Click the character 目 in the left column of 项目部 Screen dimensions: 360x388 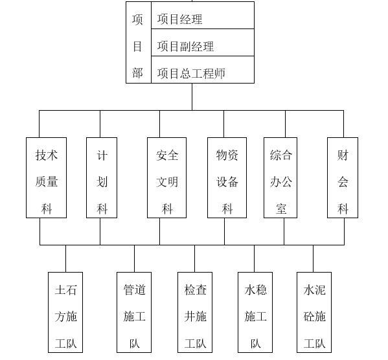click(x=137, y=47)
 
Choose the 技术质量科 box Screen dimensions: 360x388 click(x=47, y=177)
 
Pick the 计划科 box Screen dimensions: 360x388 click(x=102, y=177)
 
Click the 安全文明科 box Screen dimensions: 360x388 click(x=167, y=177)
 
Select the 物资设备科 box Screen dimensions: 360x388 click(x=227, y=177)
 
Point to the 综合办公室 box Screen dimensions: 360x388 click(x=280, y=177)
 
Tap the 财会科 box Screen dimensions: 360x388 click(x=343, y=177)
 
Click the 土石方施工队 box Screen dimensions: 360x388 click(x=66, y=312)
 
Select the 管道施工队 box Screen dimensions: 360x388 click(x=134, y=312)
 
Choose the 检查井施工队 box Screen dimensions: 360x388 click(x=195, y=312)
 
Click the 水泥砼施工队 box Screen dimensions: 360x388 click(x=314, y=312)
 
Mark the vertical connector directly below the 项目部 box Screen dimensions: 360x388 click(x=192, y=96)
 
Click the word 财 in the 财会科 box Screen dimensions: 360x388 click(x=343, y=155)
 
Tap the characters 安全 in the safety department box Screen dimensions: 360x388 click(x=167, y=155)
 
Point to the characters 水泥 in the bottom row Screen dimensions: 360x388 click(x=314, y=290)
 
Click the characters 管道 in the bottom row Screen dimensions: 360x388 click(x=134, y=290)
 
